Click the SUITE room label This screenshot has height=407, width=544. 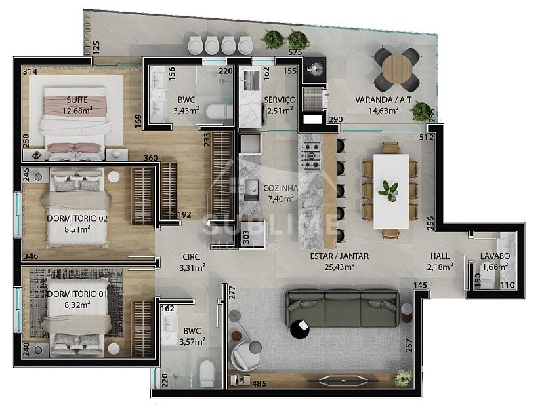pyautogui.click(x=77, y=100)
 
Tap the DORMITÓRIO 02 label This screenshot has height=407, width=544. pyautogui.click(x=77, y=218)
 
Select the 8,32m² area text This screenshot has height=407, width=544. pyautogui.click(x=77, y=305)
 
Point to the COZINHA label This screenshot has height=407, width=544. pyautogui.click(x=280, y=188)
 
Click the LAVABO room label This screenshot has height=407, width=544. pyautogui.click(x=495, y=256)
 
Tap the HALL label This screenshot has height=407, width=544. pyautogui.click(x=440, y=256)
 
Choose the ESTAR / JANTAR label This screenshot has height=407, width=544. pyautogui.click(x=339, y=256)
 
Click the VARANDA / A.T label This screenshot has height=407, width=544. pyautogui.click(x=383, y=100)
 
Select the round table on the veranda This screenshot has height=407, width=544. pyautogui.click(x=396, y=69)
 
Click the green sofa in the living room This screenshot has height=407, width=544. pyautogui.click(x=342, y=309)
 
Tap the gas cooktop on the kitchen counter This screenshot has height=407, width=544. pyautogui.click(x=312, y=155)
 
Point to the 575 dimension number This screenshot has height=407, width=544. pyautogui.click(x=295, y=52)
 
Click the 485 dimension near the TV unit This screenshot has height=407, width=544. pyautogui.click(x=259, y=383)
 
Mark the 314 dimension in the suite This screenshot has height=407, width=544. pyautogui.click(x=30, y=71)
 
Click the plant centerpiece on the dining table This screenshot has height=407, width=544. pyautogui.click(x=389, y=190)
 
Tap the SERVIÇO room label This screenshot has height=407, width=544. pyautogui.click(x=280, y=100)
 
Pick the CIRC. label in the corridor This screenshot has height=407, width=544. pyautogui.click(x=192, y=257)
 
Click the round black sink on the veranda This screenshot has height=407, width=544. pyautogui.click(x=315, y=69)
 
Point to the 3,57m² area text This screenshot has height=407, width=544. pyautogui.click(x=192, y=342)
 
